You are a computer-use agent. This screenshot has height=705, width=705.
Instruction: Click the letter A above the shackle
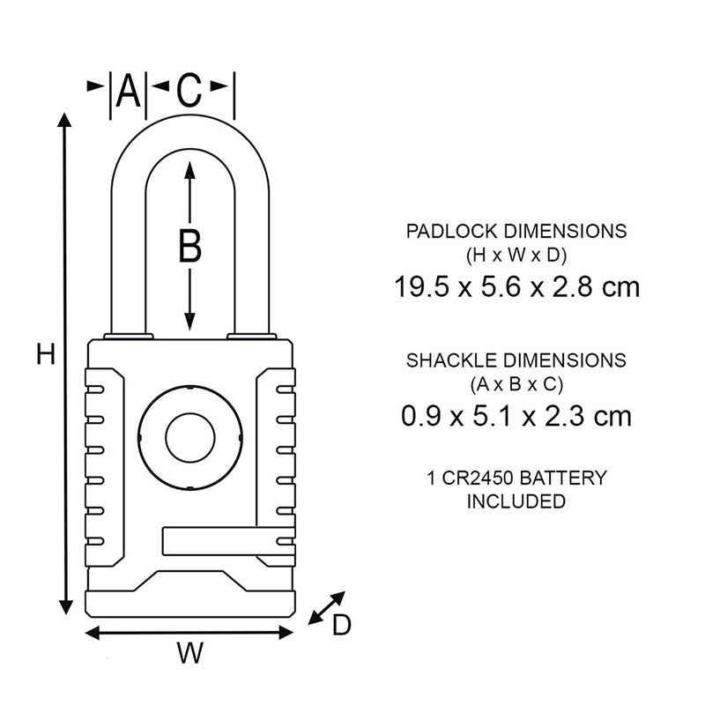[x=129, y=91]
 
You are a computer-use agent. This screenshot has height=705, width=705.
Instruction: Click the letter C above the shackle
[x=189, y=90]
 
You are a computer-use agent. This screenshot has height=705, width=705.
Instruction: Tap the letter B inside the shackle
[x=189, y=246]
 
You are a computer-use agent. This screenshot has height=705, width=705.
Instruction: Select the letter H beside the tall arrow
[x=46, y=355]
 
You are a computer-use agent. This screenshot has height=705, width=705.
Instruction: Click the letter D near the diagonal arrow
[x=341, y=625]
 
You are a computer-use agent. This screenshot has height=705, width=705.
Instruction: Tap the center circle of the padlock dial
[x=189, y=435]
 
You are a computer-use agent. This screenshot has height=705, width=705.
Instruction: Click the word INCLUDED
[x=516, y=501]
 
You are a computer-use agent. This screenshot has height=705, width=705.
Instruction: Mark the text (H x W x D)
[x=516, y=255]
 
